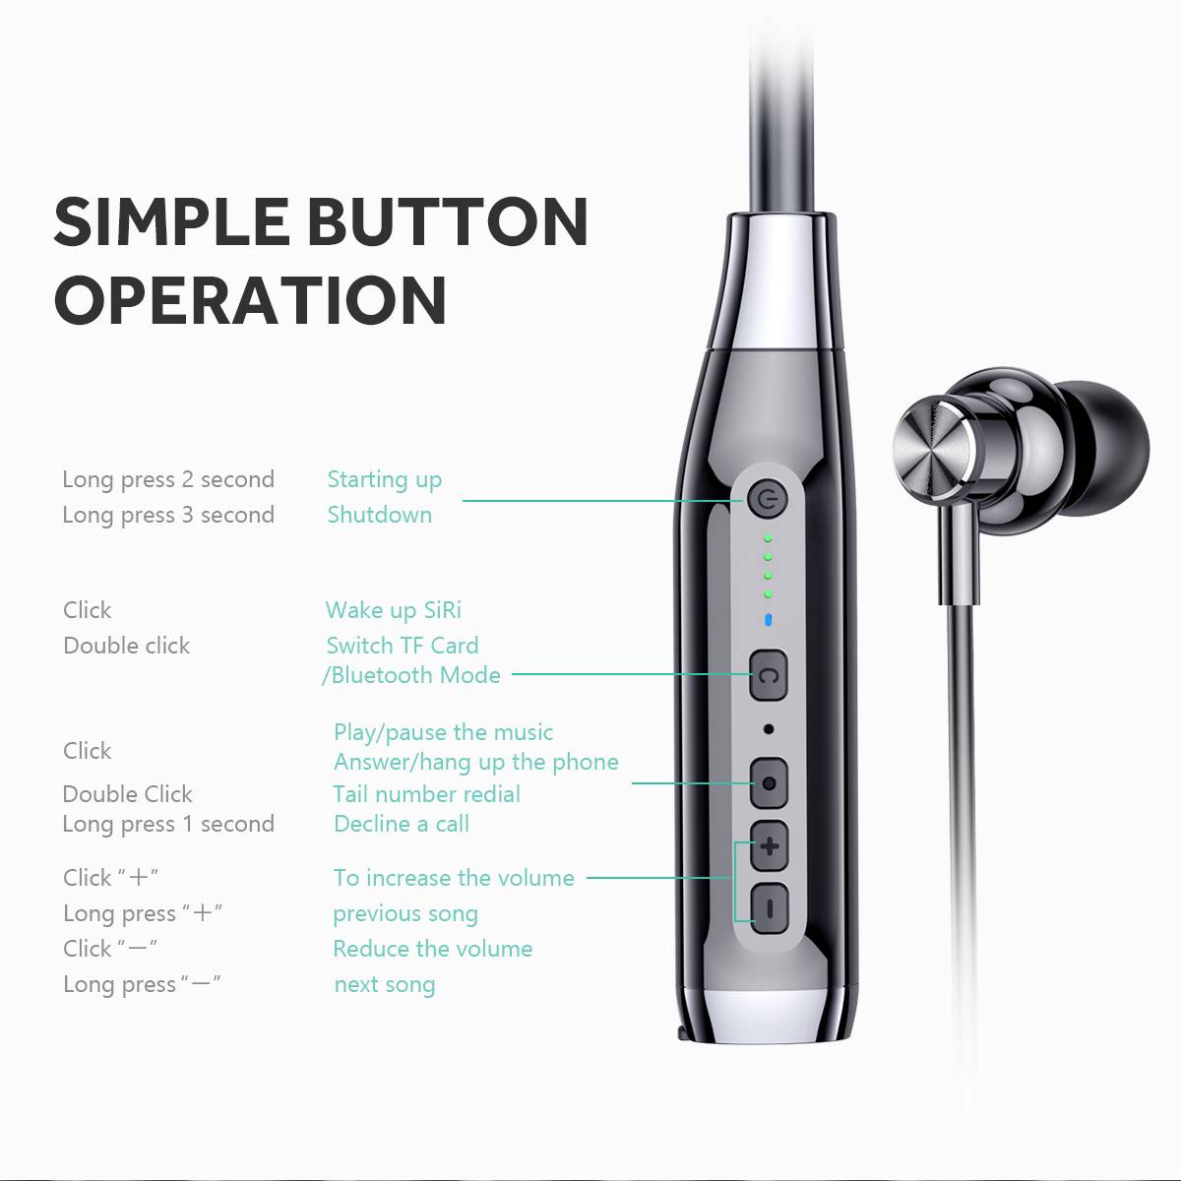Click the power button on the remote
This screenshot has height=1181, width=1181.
766,501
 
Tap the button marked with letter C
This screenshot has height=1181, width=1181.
769,675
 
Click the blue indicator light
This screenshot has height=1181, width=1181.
768,620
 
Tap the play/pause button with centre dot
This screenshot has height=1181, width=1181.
770,782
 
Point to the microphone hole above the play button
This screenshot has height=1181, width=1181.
769,729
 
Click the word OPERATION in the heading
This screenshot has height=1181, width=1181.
251,300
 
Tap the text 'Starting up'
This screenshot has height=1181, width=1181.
384,480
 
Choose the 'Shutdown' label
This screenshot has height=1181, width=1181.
379,515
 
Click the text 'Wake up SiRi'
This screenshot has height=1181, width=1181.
393,611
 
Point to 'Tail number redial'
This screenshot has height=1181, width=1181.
426,794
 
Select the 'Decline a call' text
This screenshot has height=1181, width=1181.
402,824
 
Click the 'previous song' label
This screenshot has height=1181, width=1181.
405,914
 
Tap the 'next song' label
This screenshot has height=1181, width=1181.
385,985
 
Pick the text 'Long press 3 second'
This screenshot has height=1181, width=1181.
168,516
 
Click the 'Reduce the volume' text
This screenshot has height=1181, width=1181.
433,950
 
